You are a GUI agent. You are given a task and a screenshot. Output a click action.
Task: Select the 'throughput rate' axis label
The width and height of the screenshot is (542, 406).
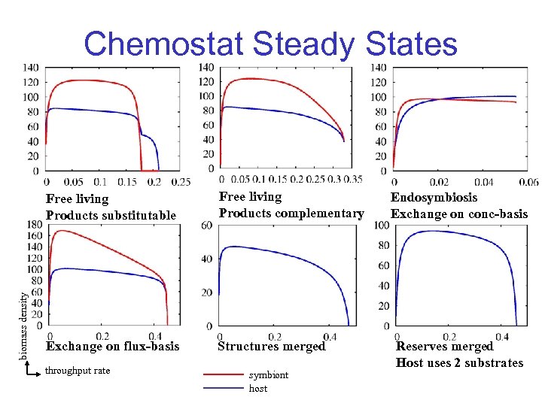coord(78,371)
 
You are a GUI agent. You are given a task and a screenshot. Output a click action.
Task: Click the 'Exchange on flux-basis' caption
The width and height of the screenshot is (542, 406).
coord(113,346)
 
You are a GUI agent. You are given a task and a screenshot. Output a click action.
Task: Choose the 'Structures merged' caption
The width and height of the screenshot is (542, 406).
coord(271,346)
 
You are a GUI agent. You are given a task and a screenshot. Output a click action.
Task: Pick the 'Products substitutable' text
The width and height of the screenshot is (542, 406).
coord(111,215)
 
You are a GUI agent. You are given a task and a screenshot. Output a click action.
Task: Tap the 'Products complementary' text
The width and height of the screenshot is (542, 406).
coord(291,214)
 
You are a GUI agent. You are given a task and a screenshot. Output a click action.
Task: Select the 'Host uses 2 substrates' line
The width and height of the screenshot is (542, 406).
coord(459,362)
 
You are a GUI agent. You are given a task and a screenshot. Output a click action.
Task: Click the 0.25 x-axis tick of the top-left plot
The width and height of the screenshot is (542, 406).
coord(181,182)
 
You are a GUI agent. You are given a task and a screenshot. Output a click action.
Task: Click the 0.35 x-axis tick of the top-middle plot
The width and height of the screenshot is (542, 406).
coord(352,179)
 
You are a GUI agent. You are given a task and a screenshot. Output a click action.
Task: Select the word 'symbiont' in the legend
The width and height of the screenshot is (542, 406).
coord(269,374)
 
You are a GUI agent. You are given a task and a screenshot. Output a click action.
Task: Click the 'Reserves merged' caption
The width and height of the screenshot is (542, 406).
coord(444,347)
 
